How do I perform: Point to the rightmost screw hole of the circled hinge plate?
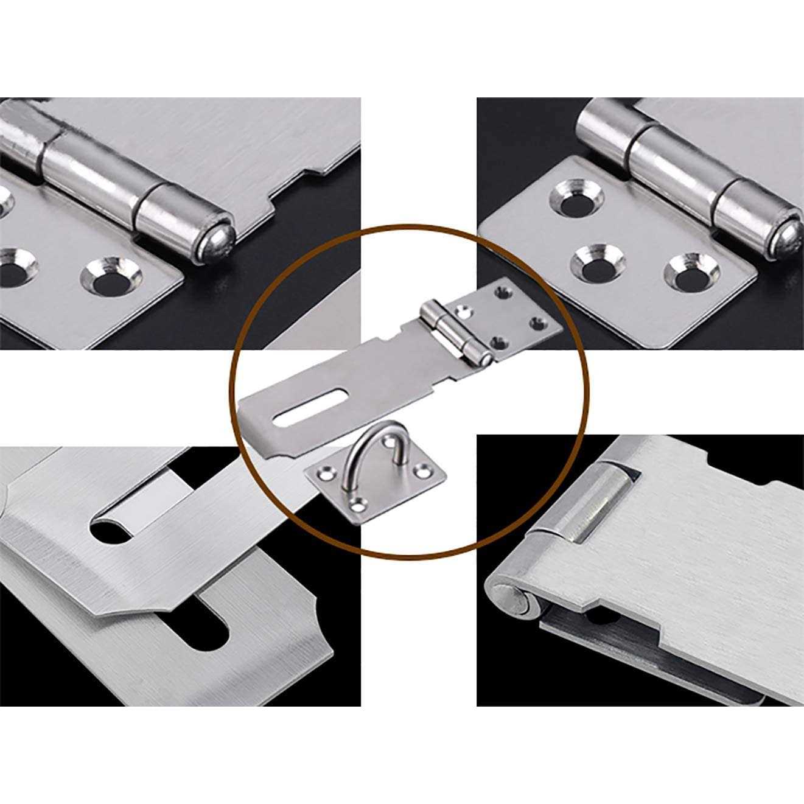tap(537, 323)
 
